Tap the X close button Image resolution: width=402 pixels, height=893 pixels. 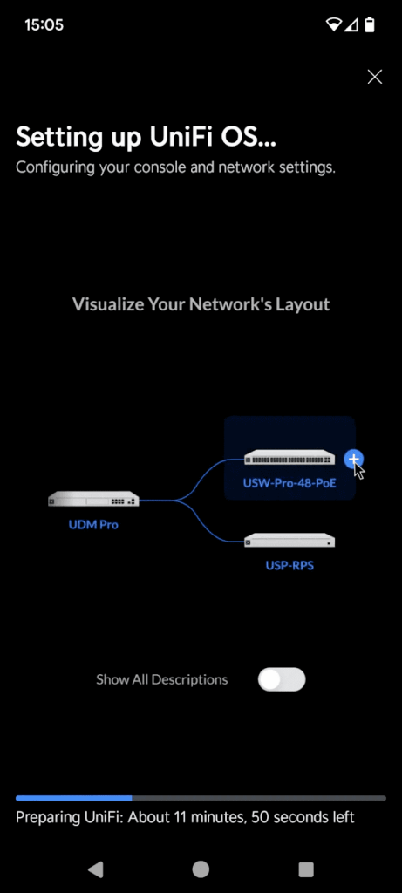click(x=375, y=77)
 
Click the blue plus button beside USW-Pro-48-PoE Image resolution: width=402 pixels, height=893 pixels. click(x=353, y=459)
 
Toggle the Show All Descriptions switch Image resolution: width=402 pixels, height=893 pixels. click(x=282, y=679)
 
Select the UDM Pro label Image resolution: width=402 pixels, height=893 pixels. click(x=93, y=524)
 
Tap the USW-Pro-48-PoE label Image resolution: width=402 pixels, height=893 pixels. click(x=290, y=484)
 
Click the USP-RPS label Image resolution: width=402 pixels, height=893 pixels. click(x=290, y=566)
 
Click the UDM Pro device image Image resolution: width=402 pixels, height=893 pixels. click(x=93, y=499)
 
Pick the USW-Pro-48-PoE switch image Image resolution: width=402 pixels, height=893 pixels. click(x=290, y=457)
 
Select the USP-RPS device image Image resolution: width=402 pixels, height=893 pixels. click(x=290, y=541)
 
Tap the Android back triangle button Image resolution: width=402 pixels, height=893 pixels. click(x=95, y=869)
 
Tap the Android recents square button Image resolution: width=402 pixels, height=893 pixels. click(x=306, y=869)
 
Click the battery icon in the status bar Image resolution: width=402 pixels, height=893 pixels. click(x=370, y=24)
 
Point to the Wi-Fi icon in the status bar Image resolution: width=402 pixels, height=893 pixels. click(x=333, y=24)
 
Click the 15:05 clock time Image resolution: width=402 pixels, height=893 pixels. click(x=44, y=25)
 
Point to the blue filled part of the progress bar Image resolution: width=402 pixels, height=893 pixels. click(x=74, y=799)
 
